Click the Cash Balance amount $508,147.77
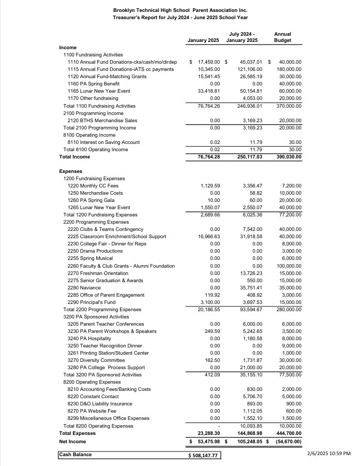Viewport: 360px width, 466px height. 203,456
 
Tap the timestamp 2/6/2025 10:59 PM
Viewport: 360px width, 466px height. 328,454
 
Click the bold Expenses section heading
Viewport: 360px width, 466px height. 70,171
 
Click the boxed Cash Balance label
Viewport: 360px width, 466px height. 76,455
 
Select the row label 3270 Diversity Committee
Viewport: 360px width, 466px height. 96,360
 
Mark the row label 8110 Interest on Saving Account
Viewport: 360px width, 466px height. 103,142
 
